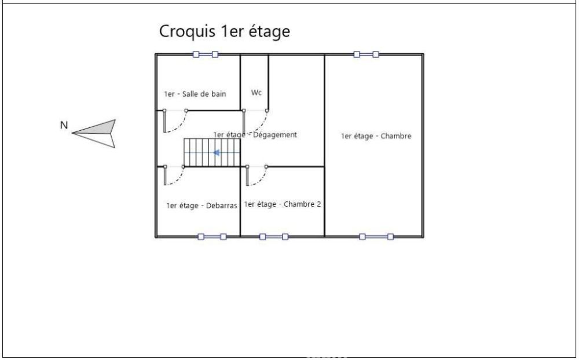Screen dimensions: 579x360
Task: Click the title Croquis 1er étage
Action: (224, 32)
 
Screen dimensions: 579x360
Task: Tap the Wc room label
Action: (256, 92)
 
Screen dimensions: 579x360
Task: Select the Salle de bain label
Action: (195, 94)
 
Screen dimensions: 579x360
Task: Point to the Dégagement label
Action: (255, 135)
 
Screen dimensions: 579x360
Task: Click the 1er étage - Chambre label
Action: (376, 136)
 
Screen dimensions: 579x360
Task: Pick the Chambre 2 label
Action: (283, 204)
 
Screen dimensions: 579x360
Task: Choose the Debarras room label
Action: (201, 205)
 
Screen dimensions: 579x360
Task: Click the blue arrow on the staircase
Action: (217, 152)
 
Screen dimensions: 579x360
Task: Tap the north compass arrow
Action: (94, 133)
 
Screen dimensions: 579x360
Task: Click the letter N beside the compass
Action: (64, 126)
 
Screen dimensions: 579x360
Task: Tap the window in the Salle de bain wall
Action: (206, 54)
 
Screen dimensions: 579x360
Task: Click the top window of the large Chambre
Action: (366, 54)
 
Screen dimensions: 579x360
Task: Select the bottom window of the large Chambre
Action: (376, 237)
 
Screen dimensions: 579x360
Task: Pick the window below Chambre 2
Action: (274, 237)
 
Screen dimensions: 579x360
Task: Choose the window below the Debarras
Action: (212, 237)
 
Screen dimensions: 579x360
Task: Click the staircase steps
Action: (212, 152)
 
